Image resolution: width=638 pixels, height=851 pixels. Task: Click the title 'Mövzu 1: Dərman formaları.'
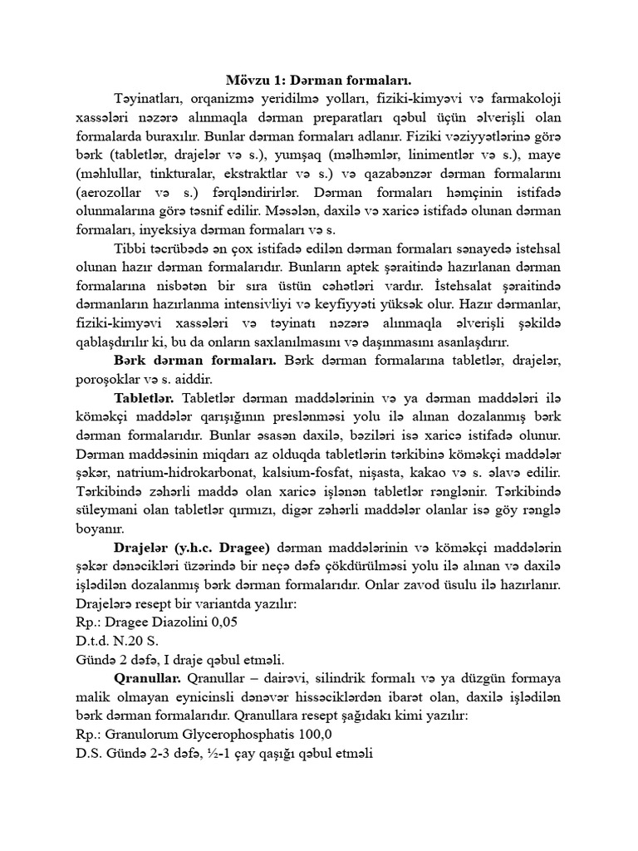319,81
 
